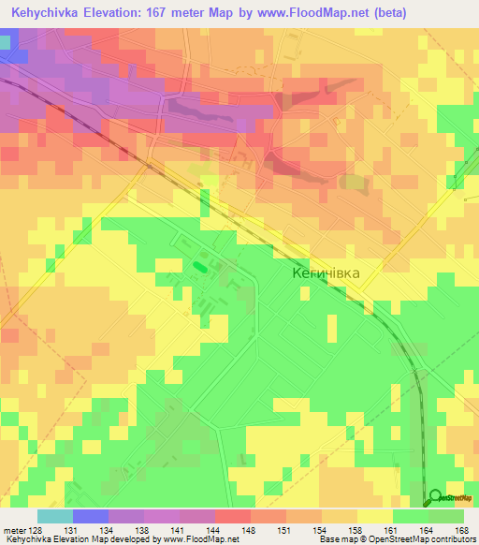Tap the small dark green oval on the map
pos(199,267)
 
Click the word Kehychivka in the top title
pos(44,12)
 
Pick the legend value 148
pos(250,529)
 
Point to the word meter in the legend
pos(13,529)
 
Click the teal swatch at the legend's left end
pos(54,516)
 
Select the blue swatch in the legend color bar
pos(90,516)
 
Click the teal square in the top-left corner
pos(7,41)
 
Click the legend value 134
pos(108,529)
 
